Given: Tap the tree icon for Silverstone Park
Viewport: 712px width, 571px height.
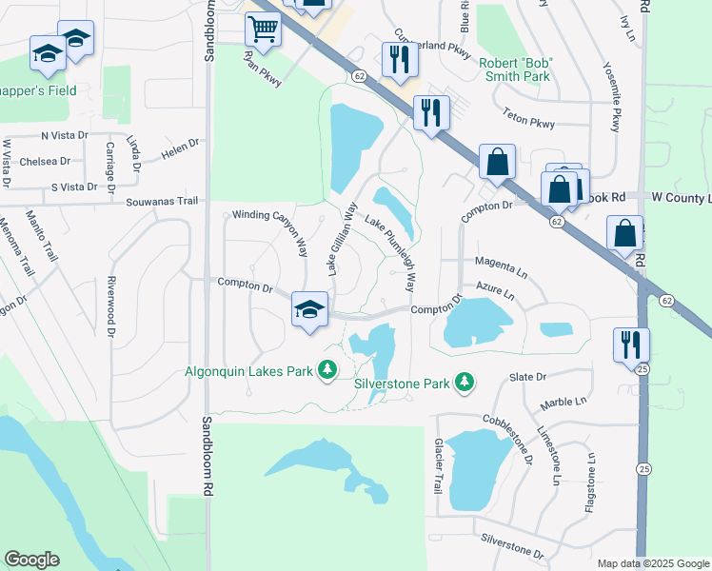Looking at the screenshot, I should pos(465,383).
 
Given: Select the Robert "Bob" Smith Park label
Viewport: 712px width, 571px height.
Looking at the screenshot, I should pos(517,69).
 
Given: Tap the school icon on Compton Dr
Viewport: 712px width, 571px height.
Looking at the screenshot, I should pos(309,309).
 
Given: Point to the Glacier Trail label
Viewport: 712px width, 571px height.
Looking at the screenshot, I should pos(439,465).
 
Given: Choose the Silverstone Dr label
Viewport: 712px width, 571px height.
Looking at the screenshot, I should pos(512,545).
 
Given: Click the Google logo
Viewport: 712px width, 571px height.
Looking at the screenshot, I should pos(31,560).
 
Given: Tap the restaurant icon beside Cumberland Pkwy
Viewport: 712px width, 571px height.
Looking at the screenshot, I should pos(398,59).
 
